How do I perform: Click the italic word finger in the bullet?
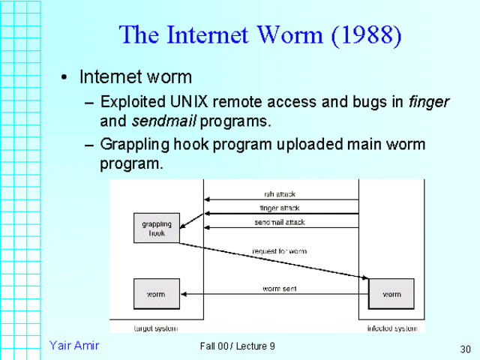point(429,101)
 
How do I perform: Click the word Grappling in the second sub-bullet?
point(133,144)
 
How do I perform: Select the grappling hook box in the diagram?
point(156,228)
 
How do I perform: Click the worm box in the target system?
point(156,294)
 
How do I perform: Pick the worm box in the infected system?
point(391,294)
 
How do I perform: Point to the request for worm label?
point(279,250)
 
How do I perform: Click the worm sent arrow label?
point(279,288)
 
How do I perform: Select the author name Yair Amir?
point(74,345)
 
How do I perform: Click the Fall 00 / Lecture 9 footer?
point(238,346)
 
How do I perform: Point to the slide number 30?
point(464,349)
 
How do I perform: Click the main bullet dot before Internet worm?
point(66,78)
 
